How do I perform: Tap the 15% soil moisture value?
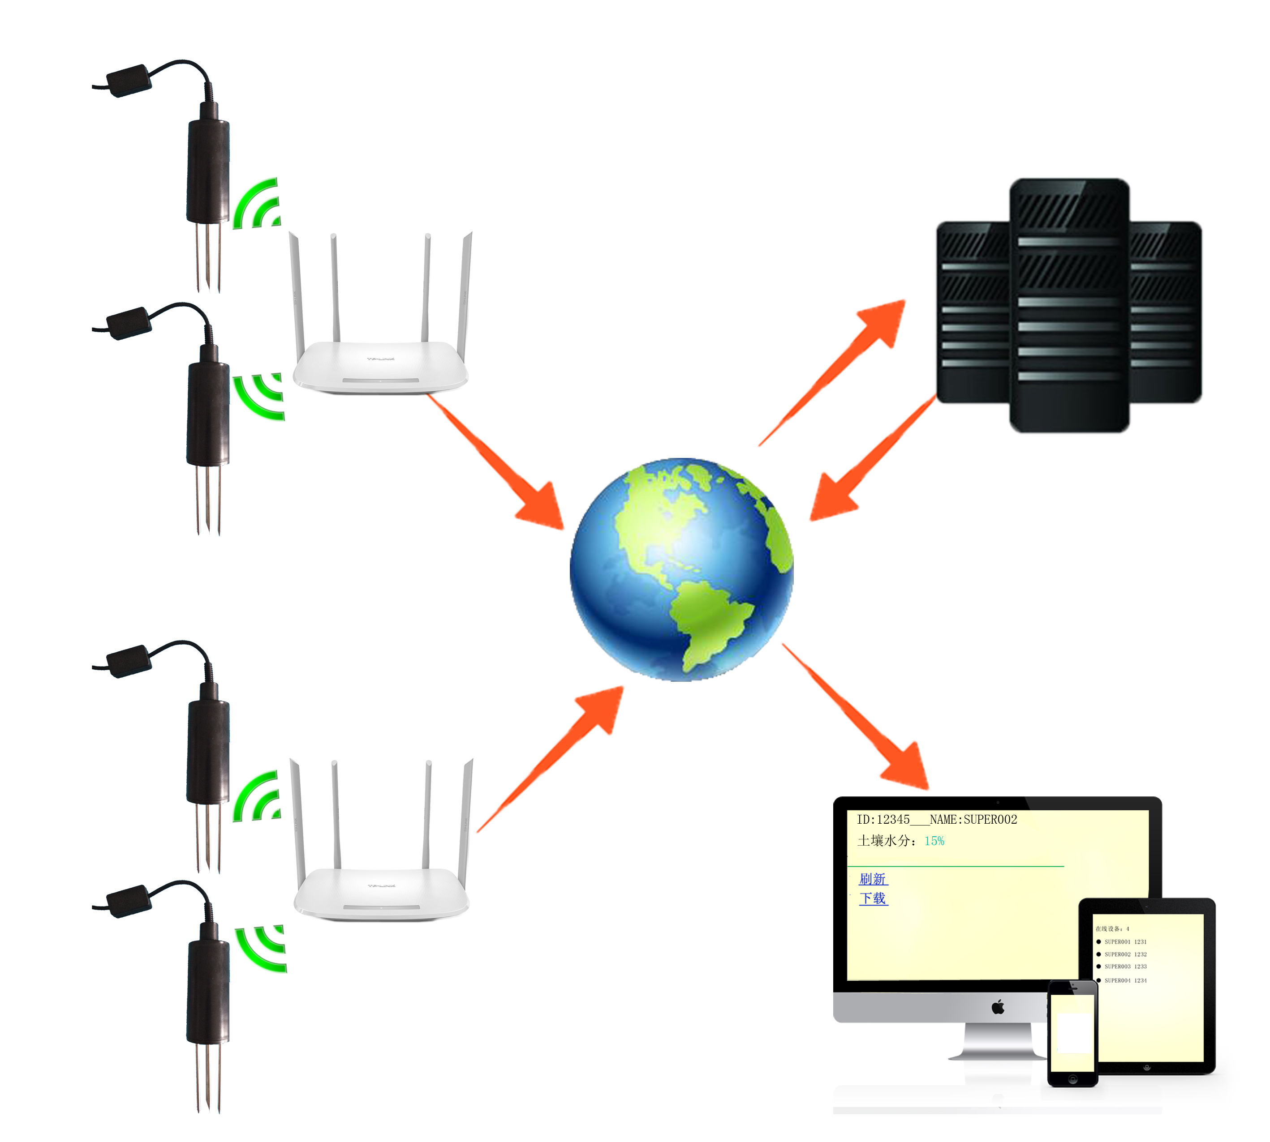click(934, 841)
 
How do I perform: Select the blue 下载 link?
click(873, 898)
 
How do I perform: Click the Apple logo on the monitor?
click(998, 1008)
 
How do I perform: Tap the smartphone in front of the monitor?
click(1072, 1033)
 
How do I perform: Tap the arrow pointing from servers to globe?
click(873, 458)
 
